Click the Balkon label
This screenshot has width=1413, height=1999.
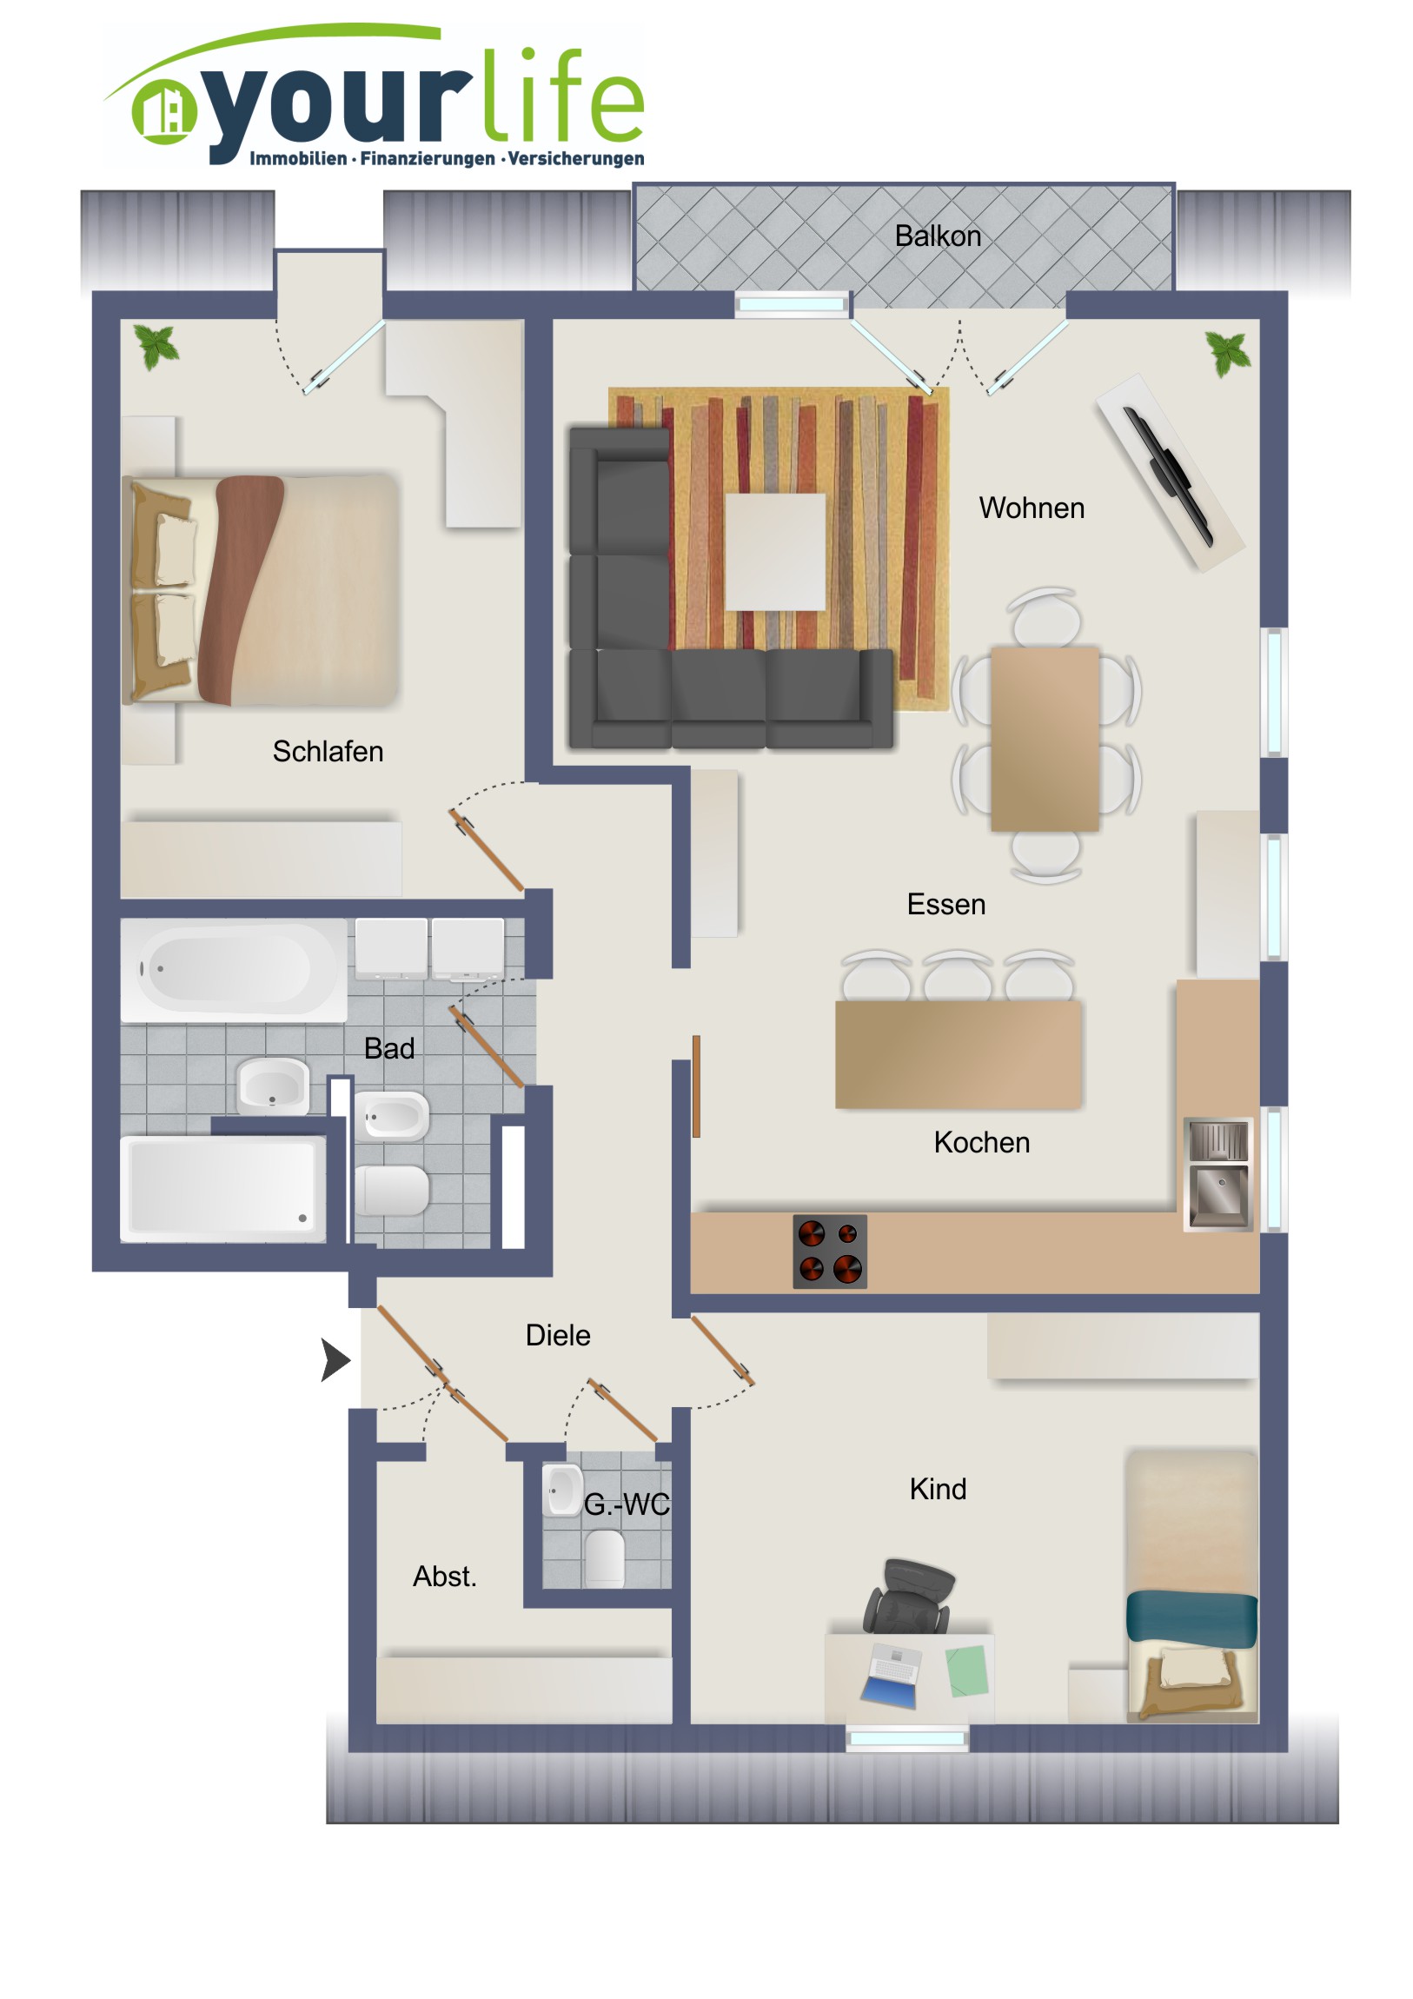(938, 236)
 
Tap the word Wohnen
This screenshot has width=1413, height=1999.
(1032, 508)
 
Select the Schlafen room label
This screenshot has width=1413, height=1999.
(328, 751)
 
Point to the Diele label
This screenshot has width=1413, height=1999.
(558, 1335)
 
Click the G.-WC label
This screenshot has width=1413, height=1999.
(627, 1504)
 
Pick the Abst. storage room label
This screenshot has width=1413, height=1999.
(445, 1576)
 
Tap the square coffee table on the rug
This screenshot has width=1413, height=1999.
(775, 552)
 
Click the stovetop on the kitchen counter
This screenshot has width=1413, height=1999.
(830, 1252)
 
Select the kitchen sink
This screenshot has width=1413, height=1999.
(1219, 1173)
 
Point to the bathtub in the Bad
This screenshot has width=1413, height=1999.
(233, 969)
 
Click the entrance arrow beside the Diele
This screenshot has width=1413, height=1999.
(336, 1360)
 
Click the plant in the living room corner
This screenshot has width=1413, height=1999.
(1229, 353)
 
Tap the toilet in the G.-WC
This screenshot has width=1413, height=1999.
(604, 1557)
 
